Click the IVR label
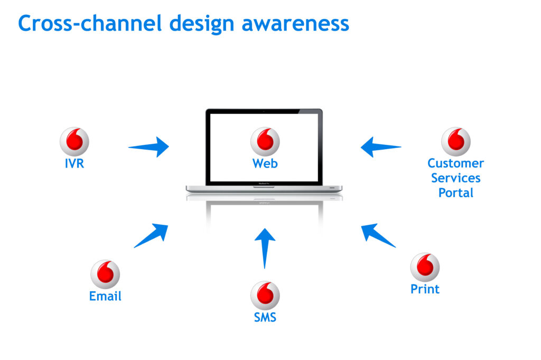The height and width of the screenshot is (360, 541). [x=74, y=164]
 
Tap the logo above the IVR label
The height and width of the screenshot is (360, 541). [x=74, y=142]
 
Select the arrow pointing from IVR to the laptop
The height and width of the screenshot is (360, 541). [x=149, y=147]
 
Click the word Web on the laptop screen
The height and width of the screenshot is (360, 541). [x=265, y=164]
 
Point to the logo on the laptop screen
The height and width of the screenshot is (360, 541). [x=265, y=142]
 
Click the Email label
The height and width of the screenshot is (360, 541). [x=105, y=297]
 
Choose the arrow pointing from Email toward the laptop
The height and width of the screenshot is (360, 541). [x=152, y=235]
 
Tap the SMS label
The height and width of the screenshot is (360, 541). [x=265, y=318]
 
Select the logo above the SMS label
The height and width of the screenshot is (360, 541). [x=265, y=295]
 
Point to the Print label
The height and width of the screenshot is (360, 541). [x=425, y=289]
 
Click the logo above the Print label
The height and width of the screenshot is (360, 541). [x=425, y=267]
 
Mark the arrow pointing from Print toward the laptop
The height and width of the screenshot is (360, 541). [x=378, y=235]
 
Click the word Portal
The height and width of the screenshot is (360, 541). [x=456, y=193]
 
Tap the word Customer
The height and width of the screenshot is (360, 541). [x=456, y=163]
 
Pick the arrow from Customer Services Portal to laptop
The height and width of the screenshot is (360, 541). [x=380, y=147]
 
